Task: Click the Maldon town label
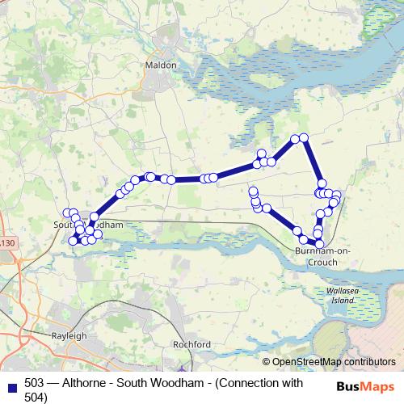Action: pyautogui.click(x=157, y=64)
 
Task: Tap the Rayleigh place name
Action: pyautogui.click(x=69, y=335)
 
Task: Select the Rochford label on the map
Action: pyautogui.click(x=191, y=344)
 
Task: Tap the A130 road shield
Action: pyautogui.click(x=6, y=243)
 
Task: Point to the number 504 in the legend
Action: pyautogui.click(x=36, y=397)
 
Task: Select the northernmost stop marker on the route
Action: pyautogui.click(x=304, y=138)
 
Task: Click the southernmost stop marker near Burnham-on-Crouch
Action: pyautogui.click(x=318, y=243)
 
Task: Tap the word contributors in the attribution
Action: pyautogui.click(x=365, y=362)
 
